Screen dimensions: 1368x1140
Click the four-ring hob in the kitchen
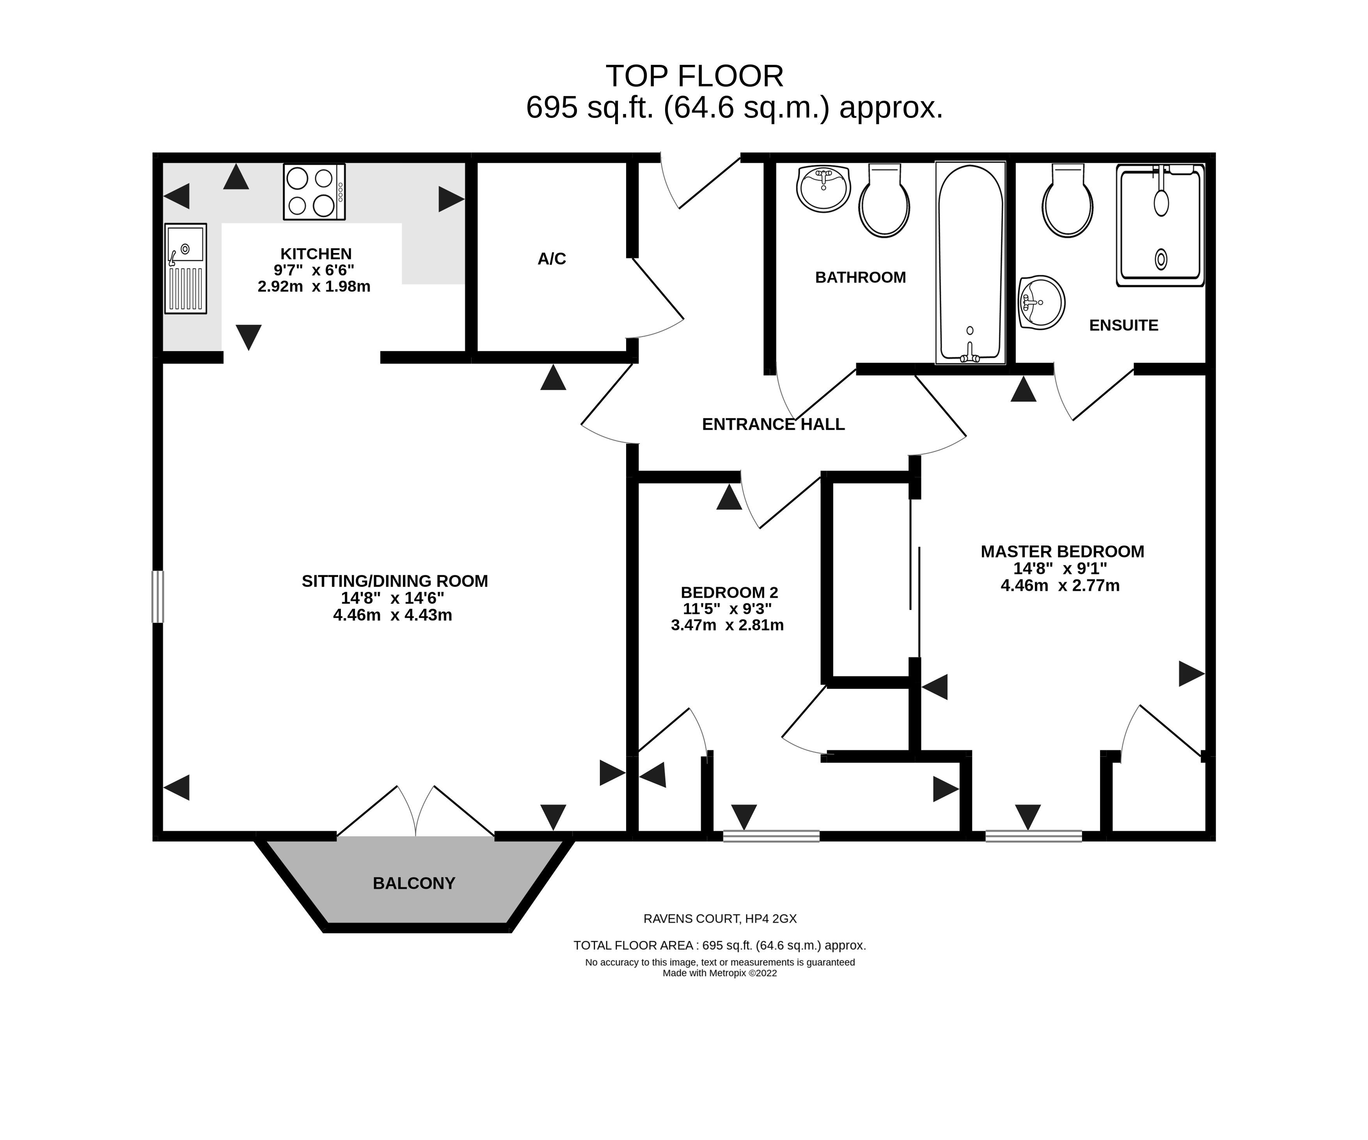coord(314,192)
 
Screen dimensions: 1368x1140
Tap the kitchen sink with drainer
coord(186,269)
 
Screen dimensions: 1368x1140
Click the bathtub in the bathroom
coord(970,263)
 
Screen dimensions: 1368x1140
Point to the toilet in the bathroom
coord(884,200)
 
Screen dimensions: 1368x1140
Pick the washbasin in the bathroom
coord(823,189)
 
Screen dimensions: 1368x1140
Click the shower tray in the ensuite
coord(1160,226)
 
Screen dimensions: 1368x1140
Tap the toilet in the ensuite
coord(1068,200)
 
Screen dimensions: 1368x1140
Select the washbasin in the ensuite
coord(1042,302)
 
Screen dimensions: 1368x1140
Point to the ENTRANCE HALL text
coord(773,424)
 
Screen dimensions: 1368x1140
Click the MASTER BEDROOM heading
coord(1063,551)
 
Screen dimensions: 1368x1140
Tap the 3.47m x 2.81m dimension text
coord(727,625)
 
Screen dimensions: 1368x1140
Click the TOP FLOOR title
coord(694,76)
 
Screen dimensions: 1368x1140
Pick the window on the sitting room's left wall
coord(158,596)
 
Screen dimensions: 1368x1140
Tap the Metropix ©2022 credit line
coord(720,973)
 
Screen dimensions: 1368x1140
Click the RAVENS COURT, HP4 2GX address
coord(720,919)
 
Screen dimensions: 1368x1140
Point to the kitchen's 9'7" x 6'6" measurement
coord(314,270)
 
